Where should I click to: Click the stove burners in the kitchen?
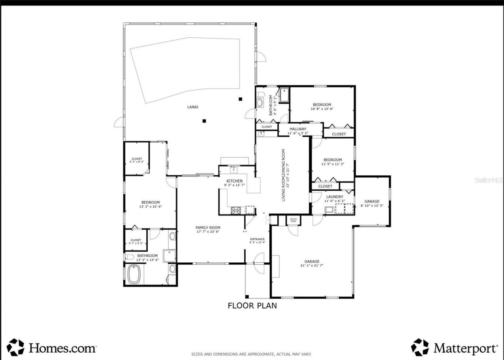pyautogui.click(x=236, y=210)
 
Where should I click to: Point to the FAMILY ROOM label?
pyautogui.click(x=208, y=228)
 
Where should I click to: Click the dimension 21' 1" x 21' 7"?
pyautogui.click(x=311, y=265)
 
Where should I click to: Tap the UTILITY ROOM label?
pyautogui.click(x=293, y=220)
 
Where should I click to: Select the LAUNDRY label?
pyautogui.click(x=334, y=197)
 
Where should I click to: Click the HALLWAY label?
pyautogui.click(x=298, y=129)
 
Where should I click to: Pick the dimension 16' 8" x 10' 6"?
pyautogui.click(x=322, y=109)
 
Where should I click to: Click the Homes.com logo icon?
pyautogui.click(x=15, y=347)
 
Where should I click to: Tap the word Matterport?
pyautogui.click(x=465, y=348)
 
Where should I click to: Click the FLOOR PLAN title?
pyautogui.click(x=252, y=305)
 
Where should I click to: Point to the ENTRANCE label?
pyautogui.click(x=257, y=239)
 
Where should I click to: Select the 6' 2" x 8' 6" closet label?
pyautogui.click(x=137, y=162)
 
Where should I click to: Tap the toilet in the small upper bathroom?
pyautogui.click(x=260, y=102)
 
